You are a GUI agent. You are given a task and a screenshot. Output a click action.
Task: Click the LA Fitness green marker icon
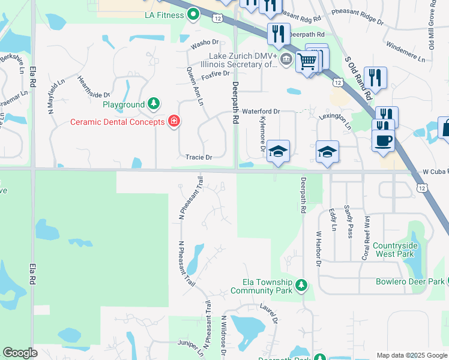[193, 14]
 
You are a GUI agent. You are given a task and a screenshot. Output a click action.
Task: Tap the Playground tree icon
[154, 104]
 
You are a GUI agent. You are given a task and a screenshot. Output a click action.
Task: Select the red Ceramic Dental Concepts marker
[174, 122]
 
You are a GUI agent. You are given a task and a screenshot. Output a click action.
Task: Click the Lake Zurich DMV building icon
[286, 59]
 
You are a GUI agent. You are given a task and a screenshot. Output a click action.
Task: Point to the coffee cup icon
[383, 142]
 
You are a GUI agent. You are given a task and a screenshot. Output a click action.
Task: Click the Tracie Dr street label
[199, 158]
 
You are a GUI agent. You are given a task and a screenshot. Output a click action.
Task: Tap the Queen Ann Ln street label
[194, 86]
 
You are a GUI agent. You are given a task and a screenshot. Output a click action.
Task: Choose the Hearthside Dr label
[93, 86]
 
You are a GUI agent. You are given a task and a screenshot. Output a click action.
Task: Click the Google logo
[20, 353]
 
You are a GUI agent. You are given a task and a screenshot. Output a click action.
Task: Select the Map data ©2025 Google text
[412, 355]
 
